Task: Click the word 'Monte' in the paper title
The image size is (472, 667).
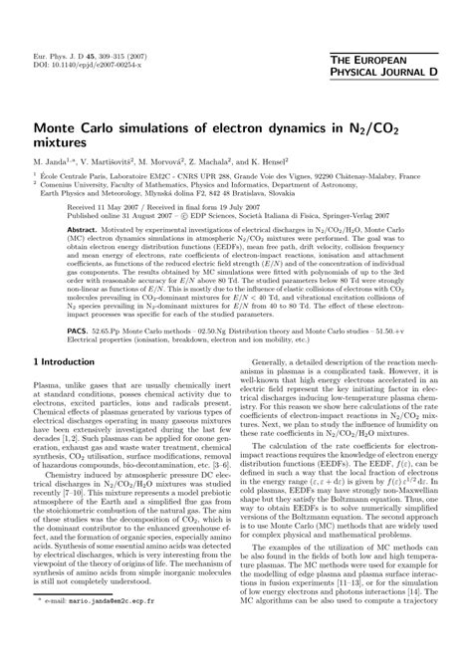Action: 59,127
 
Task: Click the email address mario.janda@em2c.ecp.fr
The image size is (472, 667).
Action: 120,658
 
